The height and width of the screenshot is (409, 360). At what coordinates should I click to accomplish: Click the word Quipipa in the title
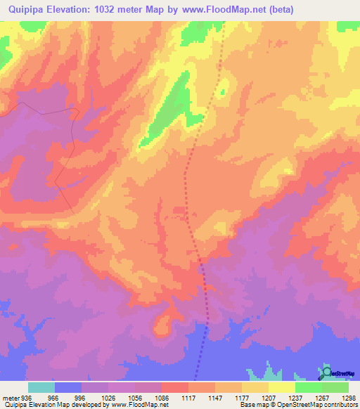click(25, 9)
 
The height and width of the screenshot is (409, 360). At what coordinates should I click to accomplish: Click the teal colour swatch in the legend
click(41, 387)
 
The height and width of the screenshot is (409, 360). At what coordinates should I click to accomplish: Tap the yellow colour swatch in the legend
click(281, 387)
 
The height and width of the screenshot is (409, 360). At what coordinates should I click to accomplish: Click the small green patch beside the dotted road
click(221, 91)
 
